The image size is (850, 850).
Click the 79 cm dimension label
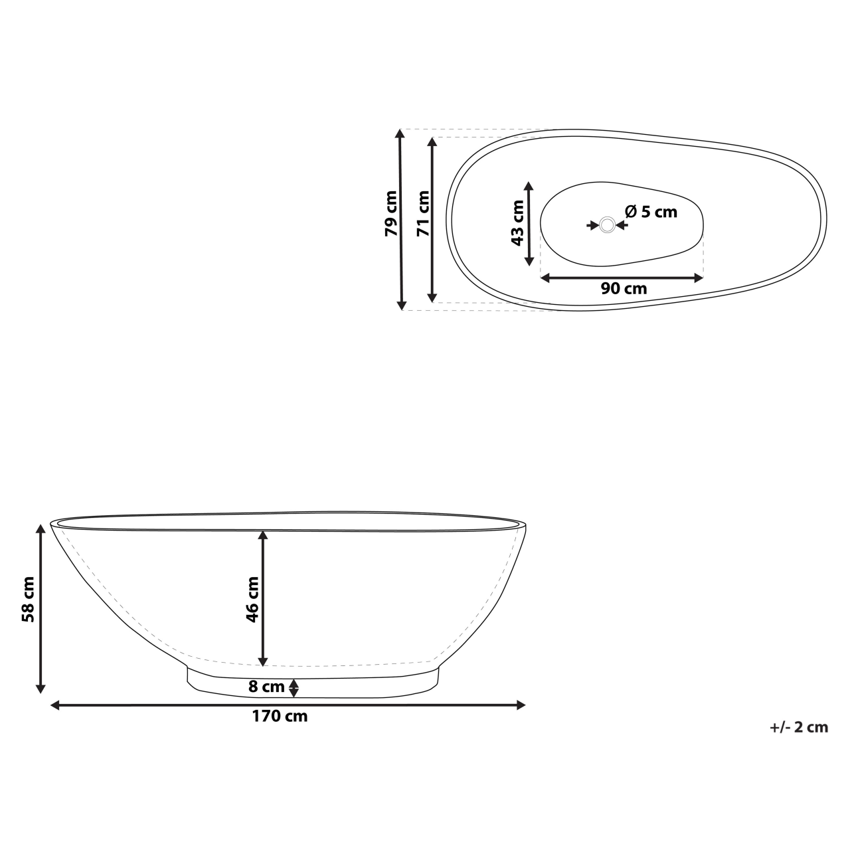coord(391,214)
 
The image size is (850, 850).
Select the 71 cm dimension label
coord(423,214)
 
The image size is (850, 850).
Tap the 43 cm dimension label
coord(517,222)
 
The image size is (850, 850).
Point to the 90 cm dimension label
coord(624,289)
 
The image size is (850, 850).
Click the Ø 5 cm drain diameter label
coord(651,212)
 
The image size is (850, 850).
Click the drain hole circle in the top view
coord(607,225)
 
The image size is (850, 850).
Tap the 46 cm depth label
coord(252,599)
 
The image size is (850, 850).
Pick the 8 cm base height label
coord(266,687)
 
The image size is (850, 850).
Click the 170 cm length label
coord(280,717)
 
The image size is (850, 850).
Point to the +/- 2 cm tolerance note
coord(799,727)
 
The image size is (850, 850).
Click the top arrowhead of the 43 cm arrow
coord(529,187)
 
